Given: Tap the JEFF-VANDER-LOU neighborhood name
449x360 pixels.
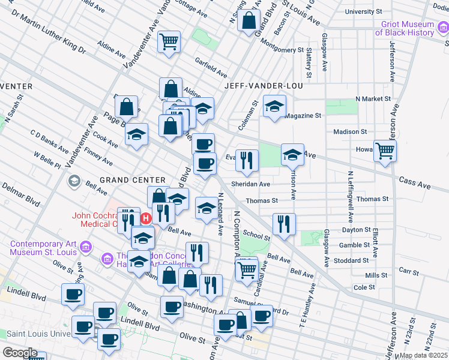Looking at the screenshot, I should coord(263,86).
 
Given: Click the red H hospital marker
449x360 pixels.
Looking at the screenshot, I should coord(145,219).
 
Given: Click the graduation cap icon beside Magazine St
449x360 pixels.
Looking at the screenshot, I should coord(274,107).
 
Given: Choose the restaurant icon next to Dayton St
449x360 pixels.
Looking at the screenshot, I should coord(284,224).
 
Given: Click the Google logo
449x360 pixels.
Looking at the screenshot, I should coord(20,352).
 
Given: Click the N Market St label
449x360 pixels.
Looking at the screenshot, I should coord(373,98).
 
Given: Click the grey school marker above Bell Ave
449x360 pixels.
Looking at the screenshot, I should coord(74,181).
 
